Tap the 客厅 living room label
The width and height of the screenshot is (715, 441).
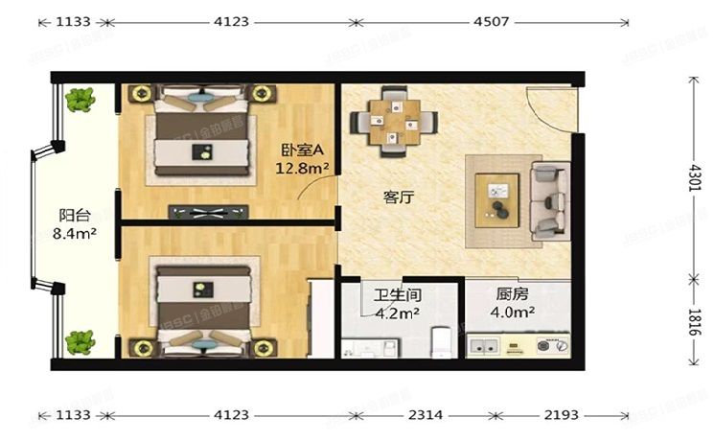(x=398, y=197)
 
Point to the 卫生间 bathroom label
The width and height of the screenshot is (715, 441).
(x=398, y=295)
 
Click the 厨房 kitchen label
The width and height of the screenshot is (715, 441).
(x=514, y=295)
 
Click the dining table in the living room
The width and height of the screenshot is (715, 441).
(x=394, y=121)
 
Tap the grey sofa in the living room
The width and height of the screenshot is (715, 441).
(x=549, y=200)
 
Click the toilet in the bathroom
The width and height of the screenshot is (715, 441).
(x=442, y=342)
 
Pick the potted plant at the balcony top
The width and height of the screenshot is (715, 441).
(x=79, y=98)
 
